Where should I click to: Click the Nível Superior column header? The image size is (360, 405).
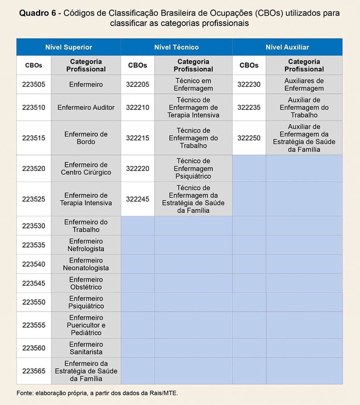click(x=69, y=47)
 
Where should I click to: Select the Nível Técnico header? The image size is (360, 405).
click(x=176, y=47)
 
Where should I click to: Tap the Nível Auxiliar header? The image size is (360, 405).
click(x=287, y=47)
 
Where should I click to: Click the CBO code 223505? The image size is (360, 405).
click(x=34, y=84)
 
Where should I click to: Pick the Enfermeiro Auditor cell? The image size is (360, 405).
click(x=86, y=107)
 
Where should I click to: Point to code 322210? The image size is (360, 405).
click(x=138, y=107)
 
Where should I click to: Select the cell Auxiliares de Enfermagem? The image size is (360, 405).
click(x=304, y=84)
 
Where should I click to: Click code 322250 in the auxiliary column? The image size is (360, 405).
click(x=249, y=138)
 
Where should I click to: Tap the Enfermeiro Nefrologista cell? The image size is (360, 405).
click(x=86, y=245)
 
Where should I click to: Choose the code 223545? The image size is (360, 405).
click(x=34, y=283)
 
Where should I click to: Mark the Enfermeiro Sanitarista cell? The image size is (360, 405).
click(x=86, y=348)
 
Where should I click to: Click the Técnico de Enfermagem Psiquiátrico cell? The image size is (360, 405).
click(x=193, y=168)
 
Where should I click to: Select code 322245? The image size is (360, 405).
click(x=138, y=199)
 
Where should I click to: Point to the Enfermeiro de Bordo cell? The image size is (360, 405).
click(x=86, y=138)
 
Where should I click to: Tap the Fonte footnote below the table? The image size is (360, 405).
click(x=97, y=393)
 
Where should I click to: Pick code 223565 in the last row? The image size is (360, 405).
click(x=34, y=371)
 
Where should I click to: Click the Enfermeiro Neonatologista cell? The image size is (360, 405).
click(x=86, y=264)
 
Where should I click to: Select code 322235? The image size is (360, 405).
click(x=249, y=107)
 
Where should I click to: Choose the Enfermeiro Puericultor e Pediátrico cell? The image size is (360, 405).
click(x=86, y=325)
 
